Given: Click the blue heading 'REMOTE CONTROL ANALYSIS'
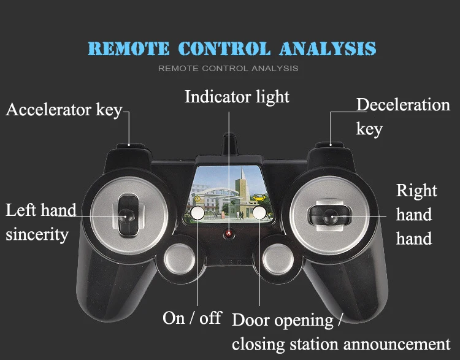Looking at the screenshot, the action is (231, 48).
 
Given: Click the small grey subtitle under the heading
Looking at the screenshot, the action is (228, 68).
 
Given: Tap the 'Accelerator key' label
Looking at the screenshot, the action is (64, 110).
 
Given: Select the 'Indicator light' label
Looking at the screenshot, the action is (237, 97).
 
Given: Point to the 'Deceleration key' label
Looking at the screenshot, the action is (402, 117).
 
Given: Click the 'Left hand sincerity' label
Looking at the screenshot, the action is (40, 223).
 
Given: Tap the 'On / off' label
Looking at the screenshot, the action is (192, 318).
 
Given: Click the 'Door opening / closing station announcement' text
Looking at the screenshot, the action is (340, 332).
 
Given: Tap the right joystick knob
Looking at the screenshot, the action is (329, 215).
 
